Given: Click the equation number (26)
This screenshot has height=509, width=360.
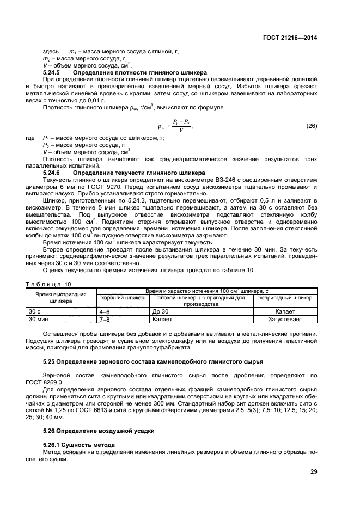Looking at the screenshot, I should pos(312,126).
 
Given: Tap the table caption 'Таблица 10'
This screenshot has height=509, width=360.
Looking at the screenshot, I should pos(48,284).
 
